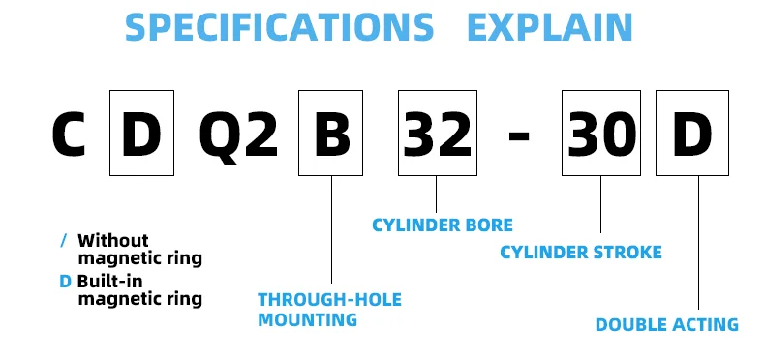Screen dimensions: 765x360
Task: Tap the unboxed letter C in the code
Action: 70,135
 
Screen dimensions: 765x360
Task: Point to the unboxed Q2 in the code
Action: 238,135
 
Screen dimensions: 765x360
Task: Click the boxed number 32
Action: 436,135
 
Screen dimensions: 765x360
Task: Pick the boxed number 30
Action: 600,135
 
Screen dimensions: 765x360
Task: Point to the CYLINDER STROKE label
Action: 581,253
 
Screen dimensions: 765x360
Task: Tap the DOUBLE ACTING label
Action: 666,325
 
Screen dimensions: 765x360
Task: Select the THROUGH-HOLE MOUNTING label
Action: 329,309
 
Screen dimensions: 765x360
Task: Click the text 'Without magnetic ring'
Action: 139,249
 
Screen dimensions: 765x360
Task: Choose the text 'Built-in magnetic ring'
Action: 139,289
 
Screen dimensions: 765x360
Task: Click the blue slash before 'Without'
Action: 64,239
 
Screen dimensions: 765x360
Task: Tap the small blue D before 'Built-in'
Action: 65,281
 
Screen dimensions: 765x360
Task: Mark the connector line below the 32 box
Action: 436,195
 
